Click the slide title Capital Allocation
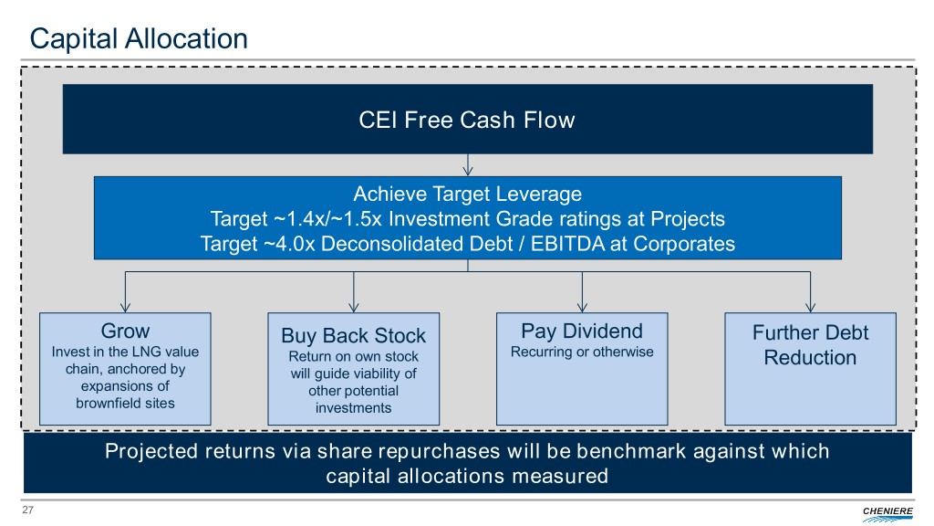click(139, 38)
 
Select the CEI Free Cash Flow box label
click(467, 120)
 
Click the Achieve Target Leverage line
click(467, 194)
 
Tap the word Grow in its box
click(125, 331)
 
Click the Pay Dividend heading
click(581, 331)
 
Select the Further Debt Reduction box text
click(810, 345)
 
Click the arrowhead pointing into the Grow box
click(125, 307)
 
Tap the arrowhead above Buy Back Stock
click(353, 307)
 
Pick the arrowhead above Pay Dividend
click(581, 307)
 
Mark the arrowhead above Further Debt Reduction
click(810, 307)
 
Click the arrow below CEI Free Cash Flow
click(467, 166)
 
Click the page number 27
click(26, 510)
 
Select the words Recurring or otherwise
click(581, 352)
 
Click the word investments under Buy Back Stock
click(353, 408)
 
